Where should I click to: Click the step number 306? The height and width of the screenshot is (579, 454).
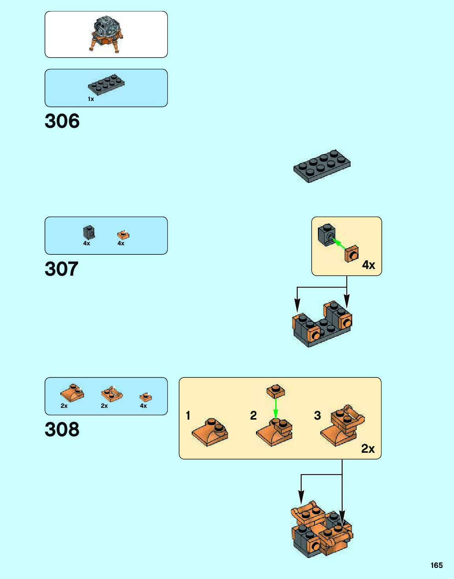pos(62,121)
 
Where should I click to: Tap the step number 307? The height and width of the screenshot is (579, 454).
pos(62,269)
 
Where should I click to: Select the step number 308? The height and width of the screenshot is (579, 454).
pos(62,430)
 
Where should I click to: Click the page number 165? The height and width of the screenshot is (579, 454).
pos(437,565)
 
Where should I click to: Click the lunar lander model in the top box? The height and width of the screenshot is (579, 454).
pos(106,34)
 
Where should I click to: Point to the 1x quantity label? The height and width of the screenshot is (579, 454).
pos(91,99)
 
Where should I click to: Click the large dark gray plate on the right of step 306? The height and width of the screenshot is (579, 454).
pos(322,166)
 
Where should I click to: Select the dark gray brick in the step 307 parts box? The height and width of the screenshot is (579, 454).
pos(89,232)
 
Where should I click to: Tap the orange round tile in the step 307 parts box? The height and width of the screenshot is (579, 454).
pos(123,235)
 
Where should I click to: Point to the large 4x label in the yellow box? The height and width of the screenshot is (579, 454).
pos(368,265)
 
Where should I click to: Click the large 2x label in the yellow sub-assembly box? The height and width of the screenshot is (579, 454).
pos(368,449)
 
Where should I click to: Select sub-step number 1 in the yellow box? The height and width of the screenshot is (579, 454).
pos(188,415)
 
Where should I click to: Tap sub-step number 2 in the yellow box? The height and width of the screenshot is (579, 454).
pos(253,415)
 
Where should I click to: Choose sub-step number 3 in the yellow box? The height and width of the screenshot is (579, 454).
pos(318,415)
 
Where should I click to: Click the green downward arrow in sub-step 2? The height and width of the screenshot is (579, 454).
pos(276,408)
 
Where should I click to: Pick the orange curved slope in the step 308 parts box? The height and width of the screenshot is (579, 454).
pos(72,392)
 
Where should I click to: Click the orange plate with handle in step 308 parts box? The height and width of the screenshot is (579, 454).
pos(112,393)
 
